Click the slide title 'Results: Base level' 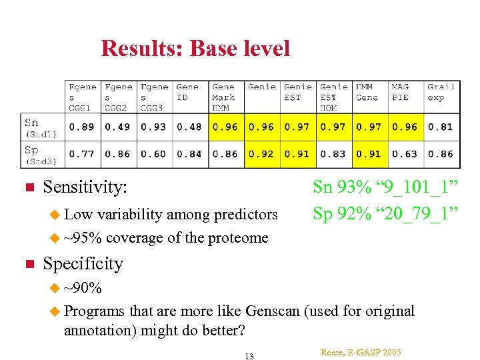click(195, 49)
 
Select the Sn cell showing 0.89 click(81, 127)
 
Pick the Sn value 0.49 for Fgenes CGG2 click(117, 127)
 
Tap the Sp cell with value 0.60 click(153, 154)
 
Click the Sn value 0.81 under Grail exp click(441, 127)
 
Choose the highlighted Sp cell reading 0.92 click(261, 154)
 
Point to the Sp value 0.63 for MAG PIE click(405, 154)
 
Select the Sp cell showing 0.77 click(81, 154)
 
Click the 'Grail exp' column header click(441, 92)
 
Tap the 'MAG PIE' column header click(401, 92)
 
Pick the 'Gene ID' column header click(187, 92)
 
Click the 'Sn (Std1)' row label click(41, 127)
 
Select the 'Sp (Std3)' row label click(41, 154)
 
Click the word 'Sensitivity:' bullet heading click(85, 189)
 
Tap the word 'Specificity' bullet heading click(83, 264)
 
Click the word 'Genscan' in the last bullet click(273, 311)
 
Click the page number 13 click(249, 356)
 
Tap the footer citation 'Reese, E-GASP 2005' click(361, 351)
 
